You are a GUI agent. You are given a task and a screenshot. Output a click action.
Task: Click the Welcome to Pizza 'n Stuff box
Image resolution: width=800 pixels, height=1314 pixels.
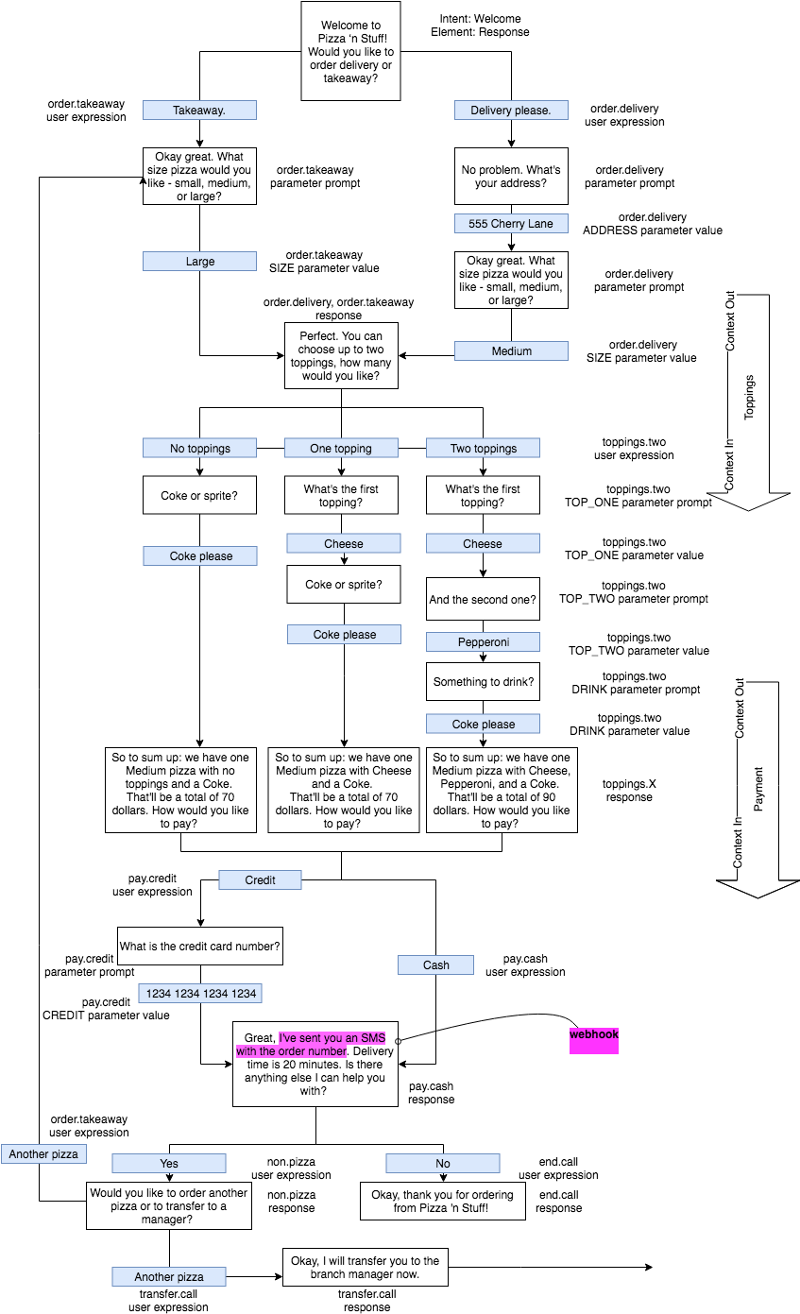pyautogui.click(x=350, y=51)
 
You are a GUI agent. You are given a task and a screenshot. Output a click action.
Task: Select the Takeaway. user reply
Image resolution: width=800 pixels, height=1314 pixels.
pyautogui.click(x=199, y=111)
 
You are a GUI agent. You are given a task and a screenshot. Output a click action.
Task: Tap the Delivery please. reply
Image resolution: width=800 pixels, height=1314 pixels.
pyautogui.click(x=511, y=111)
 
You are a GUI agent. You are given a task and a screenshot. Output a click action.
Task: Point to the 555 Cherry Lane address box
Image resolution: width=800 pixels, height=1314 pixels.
pyautogui.click(x=511, y=224)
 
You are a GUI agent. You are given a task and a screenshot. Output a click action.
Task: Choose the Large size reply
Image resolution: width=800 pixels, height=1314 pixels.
pyautogui.click(x=199, y=262)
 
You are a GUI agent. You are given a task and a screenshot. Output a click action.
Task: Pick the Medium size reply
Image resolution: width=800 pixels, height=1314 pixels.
pyautogui.click(x=511, y=351)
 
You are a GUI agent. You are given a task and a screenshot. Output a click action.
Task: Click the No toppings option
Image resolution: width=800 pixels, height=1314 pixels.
pyautogui.click(x=199, y=449)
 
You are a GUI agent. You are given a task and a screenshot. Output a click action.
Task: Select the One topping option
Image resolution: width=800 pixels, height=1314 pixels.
pyautogui.click(x=341, y=449)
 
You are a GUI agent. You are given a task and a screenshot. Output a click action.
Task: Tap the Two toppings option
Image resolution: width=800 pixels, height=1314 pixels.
pyautogui.click(x=483, y=449)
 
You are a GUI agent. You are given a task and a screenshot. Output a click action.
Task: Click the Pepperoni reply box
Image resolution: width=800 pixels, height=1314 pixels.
pyautogui.click(x=483, y=642)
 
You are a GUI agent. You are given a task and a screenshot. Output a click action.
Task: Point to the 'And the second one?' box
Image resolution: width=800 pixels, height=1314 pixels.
pyautogui.click(x=483, y=600)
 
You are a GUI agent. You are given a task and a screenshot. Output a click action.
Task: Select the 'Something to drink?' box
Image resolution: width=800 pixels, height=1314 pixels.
pyautogui.click(x=483, y=682)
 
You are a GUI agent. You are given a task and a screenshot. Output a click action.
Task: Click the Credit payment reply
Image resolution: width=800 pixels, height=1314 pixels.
pyautogui.click(x=260, y=880)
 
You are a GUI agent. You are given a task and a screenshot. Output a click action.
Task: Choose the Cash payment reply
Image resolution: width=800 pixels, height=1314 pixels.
pyautogui.click(x=435, y=965)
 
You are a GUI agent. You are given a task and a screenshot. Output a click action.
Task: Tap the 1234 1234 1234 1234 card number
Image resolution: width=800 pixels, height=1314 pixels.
pyautogui.click(x=200, y=994)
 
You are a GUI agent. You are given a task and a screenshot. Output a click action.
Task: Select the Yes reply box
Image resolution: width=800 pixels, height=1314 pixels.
pyautogui.click(x=169, y=1164)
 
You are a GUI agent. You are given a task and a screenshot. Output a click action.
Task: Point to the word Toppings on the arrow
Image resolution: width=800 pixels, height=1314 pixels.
pyautogui.click(x=750, y=397)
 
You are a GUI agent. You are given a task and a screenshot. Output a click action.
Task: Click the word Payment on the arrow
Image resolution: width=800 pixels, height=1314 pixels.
pyautogui.click(x=758, y=789)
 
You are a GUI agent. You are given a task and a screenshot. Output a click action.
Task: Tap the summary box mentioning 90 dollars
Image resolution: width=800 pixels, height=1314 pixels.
pyautogui.click(x=502, y=791)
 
